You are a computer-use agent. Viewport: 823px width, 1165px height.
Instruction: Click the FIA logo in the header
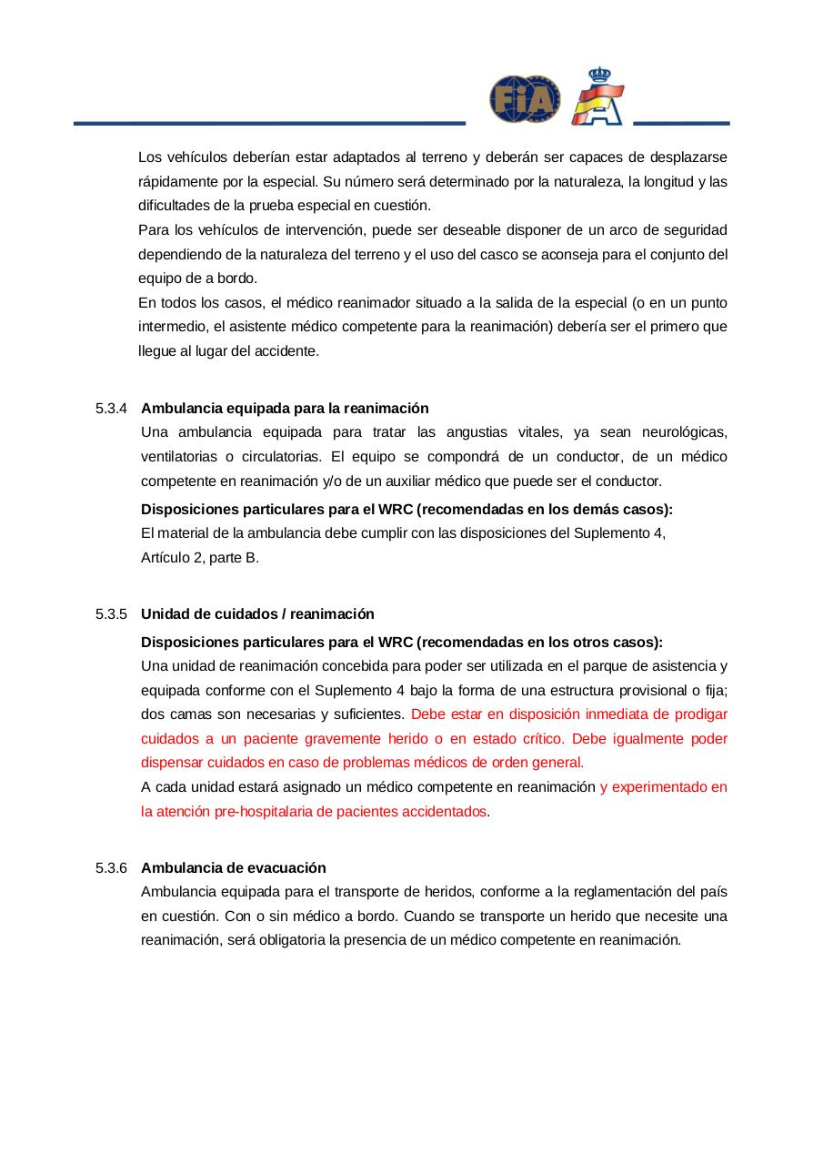[525, 99]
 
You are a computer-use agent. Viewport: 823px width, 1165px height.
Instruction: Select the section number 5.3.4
[111, 408]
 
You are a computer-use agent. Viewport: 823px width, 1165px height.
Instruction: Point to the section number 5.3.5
[111, 613]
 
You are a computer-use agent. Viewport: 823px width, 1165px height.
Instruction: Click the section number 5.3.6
[111, 867]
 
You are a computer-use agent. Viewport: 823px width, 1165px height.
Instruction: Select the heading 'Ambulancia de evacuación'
[233, 867]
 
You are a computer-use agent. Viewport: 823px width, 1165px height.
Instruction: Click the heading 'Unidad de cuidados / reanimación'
[257, 613]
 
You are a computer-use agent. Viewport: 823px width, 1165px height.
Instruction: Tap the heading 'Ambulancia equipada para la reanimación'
[285, 408]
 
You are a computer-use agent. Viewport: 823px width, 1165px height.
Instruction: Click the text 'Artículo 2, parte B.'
[200, 557]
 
